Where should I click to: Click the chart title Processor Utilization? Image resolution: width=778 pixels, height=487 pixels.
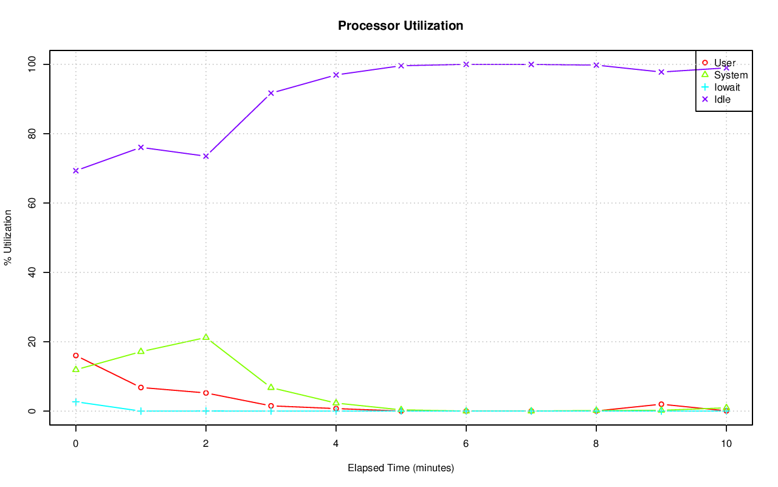click(401, 26)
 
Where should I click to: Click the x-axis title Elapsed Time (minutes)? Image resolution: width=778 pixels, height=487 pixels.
click(401, 468)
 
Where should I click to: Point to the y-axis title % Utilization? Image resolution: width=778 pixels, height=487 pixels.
click(8, 238)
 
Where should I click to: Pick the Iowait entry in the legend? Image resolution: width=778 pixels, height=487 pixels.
click(727, 87)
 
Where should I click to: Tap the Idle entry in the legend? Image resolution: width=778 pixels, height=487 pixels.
click(722, 99)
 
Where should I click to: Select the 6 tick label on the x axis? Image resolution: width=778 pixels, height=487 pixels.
click(466, 444)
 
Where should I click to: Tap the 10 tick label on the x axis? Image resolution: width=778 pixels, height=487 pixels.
click(726, 444)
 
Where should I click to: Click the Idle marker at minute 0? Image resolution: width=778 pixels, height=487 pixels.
click(75, 170)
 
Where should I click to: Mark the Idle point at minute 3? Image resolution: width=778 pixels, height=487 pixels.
click(270, 93)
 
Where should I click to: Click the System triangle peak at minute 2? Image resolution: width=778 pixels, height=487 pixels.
click(205, 337)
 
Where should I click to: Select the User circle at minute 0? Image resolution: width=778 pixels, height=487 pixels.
click(75, 356)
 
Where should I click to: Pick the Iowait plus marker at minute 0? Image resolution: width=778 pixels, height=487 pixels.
click(75, 402)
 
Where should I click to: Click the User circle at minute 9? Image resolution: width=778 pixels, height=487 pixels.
click(661, 404)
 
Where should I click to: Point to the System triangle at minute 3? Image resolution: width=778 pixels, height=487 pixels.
click(270, 387)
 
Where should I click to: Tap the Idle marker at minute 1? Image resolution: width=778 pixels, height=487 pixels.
click(140, 147)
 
